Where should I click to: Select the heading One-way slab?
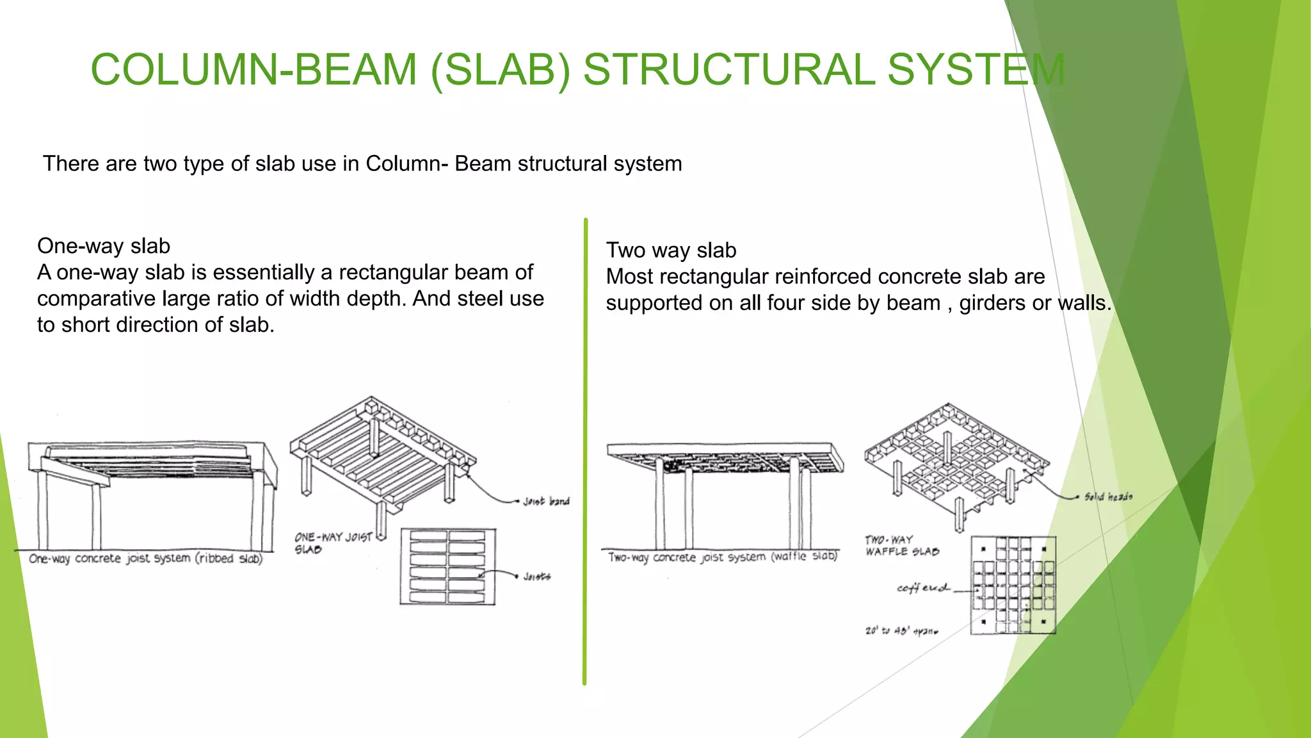[x=104, y=246]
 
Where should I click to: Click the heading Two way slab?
[x=671, y=250]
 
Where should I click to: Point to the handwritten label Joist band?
[x=546, y=501]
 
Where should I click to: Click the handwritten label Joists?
[x=536, y=577]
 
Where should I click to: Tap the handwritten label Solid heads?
[x=1108, y=496]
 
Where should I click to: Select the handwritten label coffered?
[x=922, y=587]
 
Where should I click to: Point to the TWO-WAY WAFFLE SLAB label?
[x=901, y=546]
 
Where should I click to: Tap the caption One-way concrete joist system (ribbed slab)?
[x=146, y=559]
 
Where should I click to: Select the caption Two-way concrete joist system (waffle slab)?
[x=722, y=557]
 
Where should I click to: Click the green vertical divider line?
[x=585, y=448]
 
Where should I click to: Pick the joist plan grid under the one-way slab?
[x=448, y=566]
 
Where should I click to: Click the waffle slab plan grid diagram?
[x=1013, y=586]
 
